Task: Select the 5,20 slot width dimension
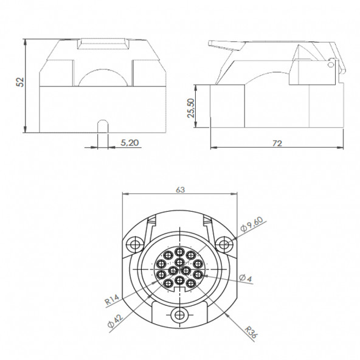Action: (x=129, y=142)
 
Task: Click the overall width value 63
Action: (x=180, y=190)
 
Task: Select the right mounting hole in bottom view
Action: (x=225, y=244)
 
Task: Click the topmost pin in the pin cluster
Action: (x=180, y=249)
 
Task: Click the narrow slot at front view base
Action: (x=103, y=126)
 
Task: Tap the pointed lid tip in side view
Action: (x=210, y=44)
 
